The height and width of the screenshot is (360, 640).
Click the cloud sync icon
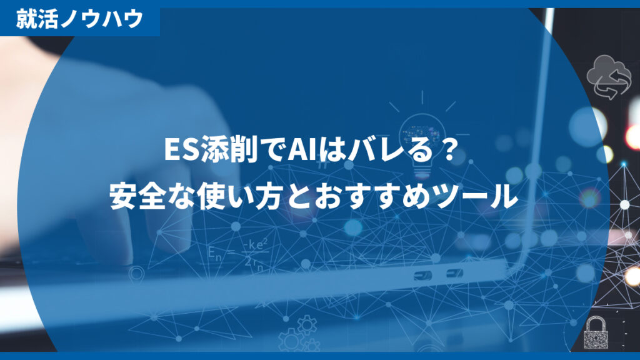[x=605, y=77]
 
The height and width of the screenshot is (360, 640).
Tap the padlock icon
[x=596, y=332]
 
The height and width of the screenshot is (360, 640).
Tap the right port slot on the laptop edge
[x=454, y=273]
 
